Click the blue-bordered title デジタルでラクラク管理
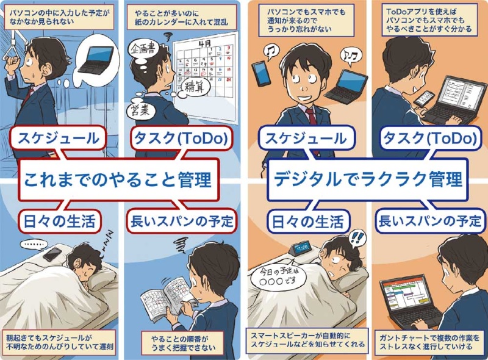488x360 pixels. (x=368, y=179)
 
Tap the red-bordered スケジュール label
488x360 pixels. (x=59, y=139)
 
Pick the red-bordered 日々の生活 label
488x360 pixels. (x=59, y=221)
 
